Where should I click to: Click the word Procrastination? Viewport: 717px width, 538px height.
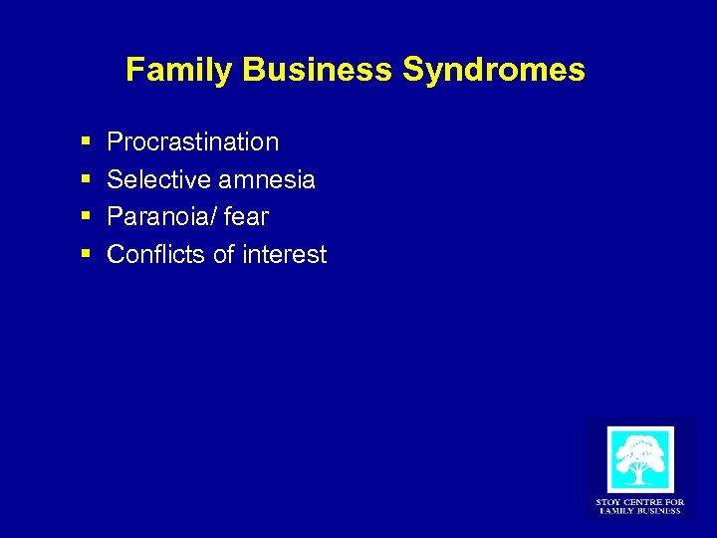[x=192, y=142]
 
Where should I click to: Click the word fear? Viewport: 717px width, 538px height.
[x=246, y=217]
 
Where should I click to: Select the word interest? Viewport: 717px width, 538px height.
[x=283, y=255]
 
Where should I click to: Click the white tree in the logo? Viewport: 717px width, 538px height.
[x=639, y=459]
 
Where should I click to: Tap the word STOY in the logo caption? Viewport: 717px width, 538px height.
[x=608, y=502]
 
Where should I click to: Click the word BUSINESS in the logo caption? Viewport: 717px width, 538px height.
[x=658, y=511]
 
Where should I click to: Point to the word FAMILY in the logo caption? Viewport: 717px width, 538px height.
[x=617, y=511]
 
